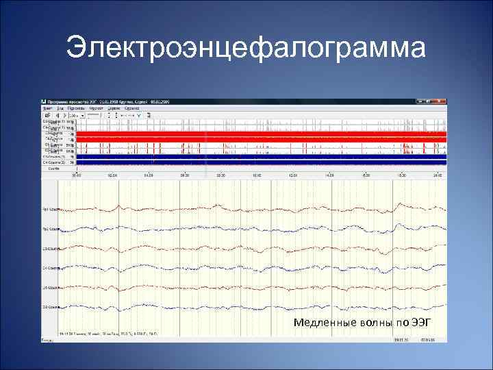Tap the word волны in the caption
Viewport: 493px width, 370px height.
coord(363,322)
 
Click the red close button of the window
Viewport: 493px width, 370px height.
coord(443,101)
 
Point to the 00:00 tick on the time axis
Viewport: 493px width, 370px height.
coord(77,175)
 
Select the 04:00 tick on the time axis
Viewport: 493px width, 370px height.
coord(149,175)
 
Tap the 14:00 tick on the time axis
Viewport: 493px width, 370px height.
coord(329,175)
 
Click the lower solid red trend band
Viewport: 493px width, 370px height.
coord(260,139)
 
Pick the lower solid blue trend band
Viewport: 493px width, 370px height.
coord(260,162)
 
